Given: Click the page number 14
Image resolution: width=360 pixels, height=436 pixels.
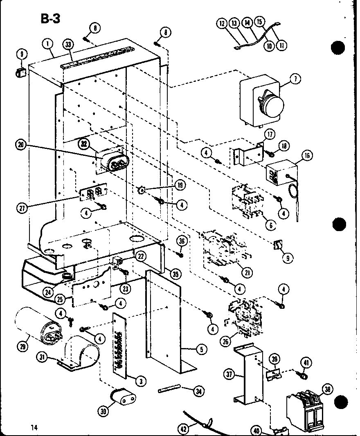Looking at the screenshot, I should pyautogui.click(x=34, y=427).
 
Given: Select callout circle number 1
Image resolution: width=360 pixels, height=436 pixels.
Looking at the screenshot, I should pyautogui.click(x=48, y=43).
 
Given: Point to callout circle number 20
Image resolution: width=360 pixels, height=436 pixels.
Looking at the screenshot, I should pyautogui.click(x=21, y=144).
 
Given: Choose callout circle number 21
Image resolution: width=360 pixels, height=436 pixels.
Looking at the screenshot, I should pyautogui.click(x=248, y=272).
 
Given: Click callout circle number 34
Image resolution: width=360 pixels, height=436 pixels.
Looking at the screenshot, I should pyautogui.click(x=199, y=391).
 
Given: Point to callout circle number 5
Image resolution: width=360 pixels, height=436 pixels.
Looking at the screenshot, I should pyautogui.click(x=201, y=349).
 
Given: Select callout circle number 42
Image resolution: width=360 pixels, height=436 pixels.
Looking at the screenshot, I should pyautogui.click(x=184, y=429).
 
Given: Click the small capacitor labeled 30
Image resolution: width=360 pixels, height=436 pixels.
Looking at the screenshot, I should pyautogui.click(x=123, y=398).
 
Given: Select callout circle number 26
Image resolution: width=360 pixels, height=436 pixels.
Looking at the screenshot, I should pyautogui.click(x=225, y=339).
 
